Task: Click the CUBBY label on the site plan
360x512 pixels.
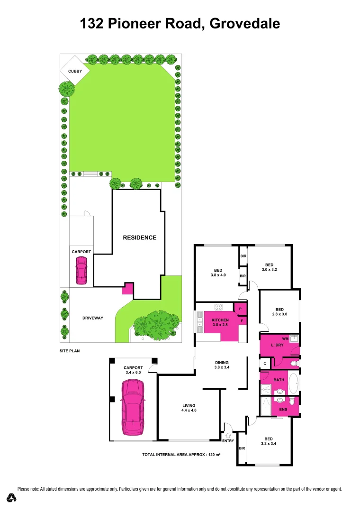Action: (75, 71)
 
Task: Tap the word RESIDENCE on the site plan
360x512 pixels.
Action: (140, 238)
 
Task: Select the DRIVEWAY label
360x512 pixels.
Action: (93, 318)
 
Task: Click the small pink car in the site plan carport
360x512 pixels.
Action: (81, 271)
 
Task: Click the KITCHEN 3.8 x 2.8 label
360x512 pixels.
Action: (220, 322)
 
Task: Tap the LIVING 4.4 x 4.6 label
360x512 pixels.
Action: (189, 408)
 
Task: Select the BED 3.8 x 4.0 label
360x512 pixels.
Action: (219, 272)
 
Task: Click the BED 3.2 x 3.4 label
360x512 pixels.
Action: (268, 441)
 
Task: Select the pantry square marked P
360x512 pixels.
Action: (241, 309)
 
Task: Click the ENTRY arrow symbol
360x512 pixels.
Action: (229, 435)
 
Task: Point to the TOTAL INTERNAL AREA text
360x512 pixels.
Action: (181, 455)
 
